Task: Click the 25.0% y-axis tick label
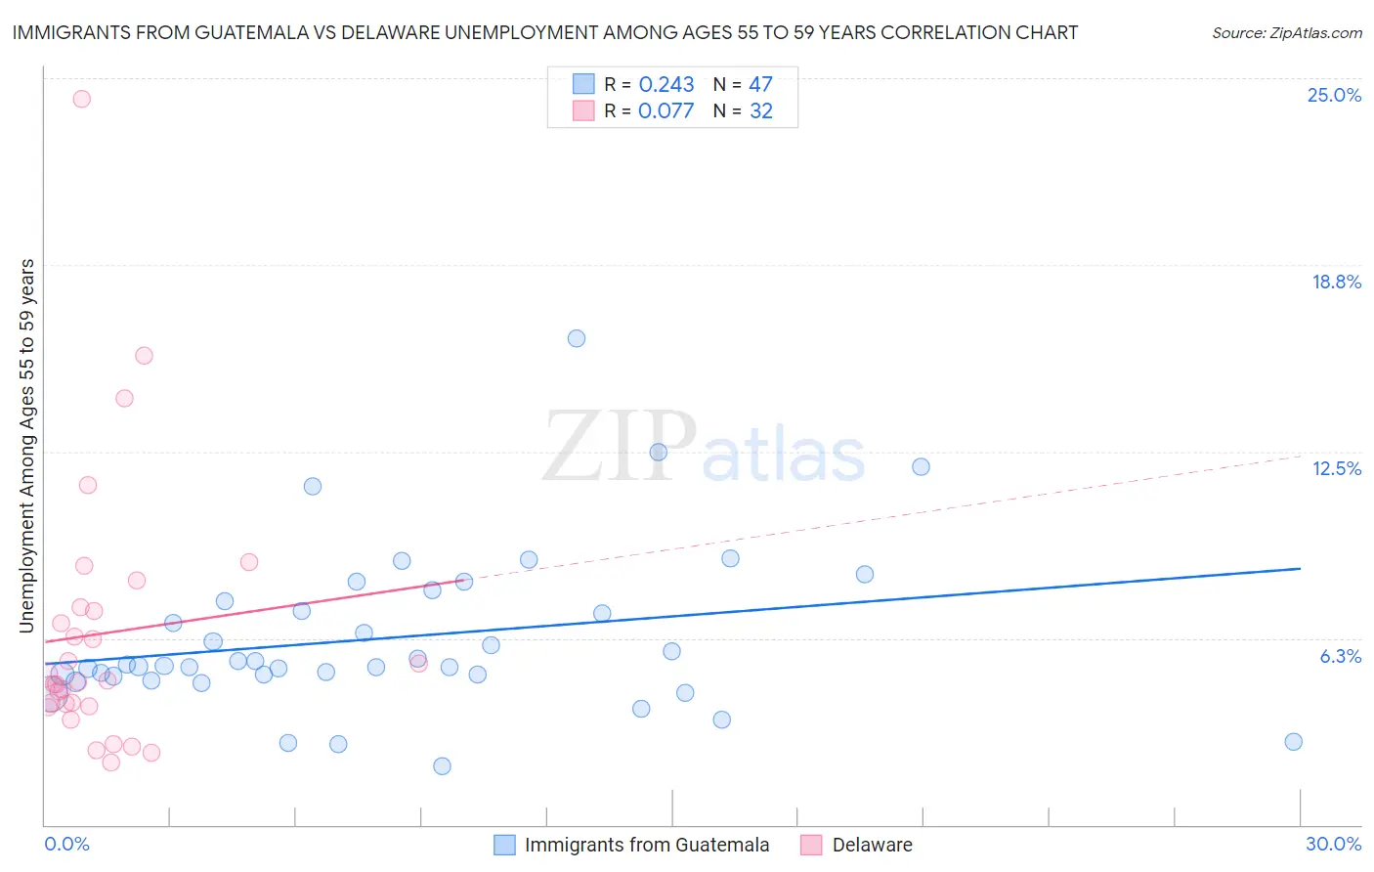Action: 1334,95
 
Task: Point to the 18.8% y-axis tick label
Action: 1336,282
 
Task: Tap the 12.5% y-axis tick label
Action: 1336,468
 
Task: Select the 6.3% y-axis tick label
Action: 1340,656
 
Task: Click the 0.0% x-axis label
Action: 66,844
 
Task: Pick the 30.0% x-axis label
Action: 1333,844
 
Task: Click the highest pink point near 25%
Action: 82,99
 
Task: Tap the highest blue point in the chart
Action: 577,338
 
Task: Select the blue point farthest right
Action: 1293,742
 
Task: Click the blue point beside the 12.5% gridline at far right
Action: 921,466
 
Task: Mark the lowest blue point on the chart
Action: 442,766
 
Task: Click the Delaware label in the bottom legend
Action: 872,845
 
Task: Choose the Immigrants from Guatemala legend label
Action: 646,845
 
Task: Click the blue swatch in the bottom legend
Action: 504,845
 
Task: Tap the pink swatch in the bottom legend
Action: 811,845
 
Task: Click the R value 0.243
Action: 666,85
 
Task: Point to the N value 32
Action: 760,111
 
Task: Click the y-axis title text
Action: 26,445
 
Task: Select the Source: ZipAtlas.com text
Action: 1286,33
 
